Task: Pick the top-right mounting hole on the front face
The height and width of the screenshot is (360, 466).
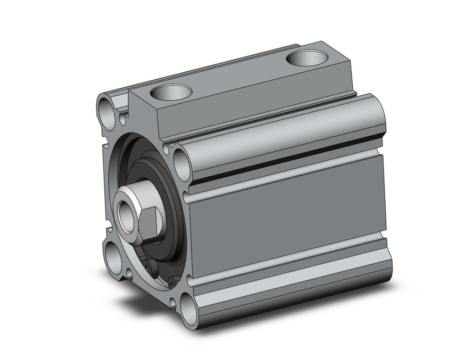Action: tap(180, 160)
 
